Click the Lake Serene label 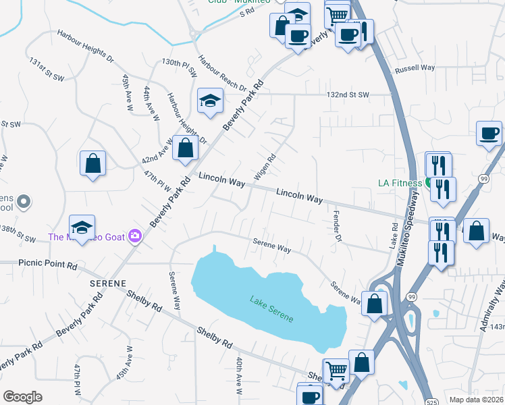click(271, 308)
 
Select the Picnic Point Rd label click(48, 265)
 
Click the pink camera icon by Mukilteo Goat click(135, 236)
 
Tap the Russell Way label click(415, 68)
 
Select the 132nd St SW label click(348, 94)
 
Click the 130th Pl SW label click(179, 66)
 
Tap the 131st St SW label click(46, 70)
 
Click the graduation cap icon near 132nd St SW click(211, 101)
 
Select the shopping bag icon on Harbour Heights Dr click(185, 148)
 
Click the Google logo click(22, 397)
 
